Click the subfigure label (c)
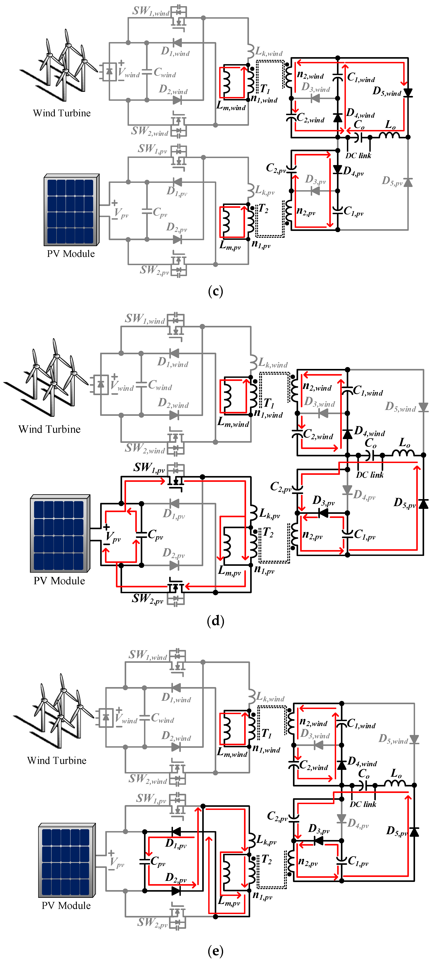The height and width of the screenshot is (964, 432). click(x=215, y=291)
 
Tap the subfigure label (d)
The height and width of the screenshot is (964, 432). click(x=215, y=621)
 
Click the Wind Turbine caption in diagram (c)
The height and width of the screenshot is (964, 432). click(x=62, y=113)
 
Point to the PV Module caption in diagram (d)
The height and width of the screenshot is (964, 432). click(x=59, y=581)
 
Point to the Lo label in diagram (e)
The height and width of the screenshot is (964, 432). click(x=396, y=773)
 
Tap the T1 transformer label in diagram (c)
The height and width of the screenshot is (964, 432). click(x=265, y=89)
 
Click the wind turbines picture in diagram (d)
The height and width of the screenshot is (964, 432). click(x=49, y=378)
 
